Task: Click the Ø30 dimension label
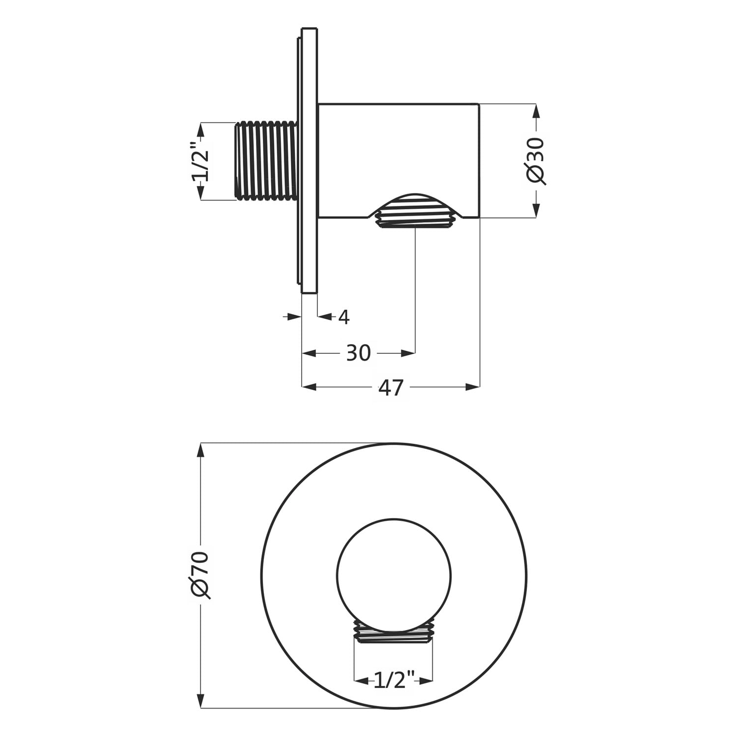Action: pyautogui.click(x=535, y=161)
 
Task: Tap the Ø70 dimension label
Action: pyautogui.click(x=200, y=574)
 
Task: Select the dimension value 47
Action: pyautogui.click(x=391, y=388)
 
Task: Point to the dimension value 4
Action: pyautogui.click(x=344, y=317)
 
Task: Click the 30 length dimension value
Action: pyautogui.click(x=358, y=353)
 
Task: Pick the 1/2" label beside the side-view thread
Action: pyautogui.click(x=200, y=161)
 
